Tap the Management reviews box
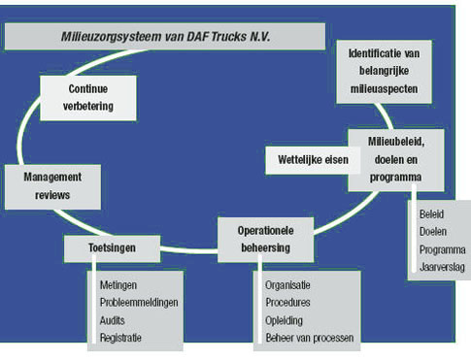(x=52, y=186)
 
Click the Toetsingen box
(x=112, y=249)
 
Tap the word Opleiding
(x=285, y=320)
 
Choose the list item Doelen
(x=433, y=231)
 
